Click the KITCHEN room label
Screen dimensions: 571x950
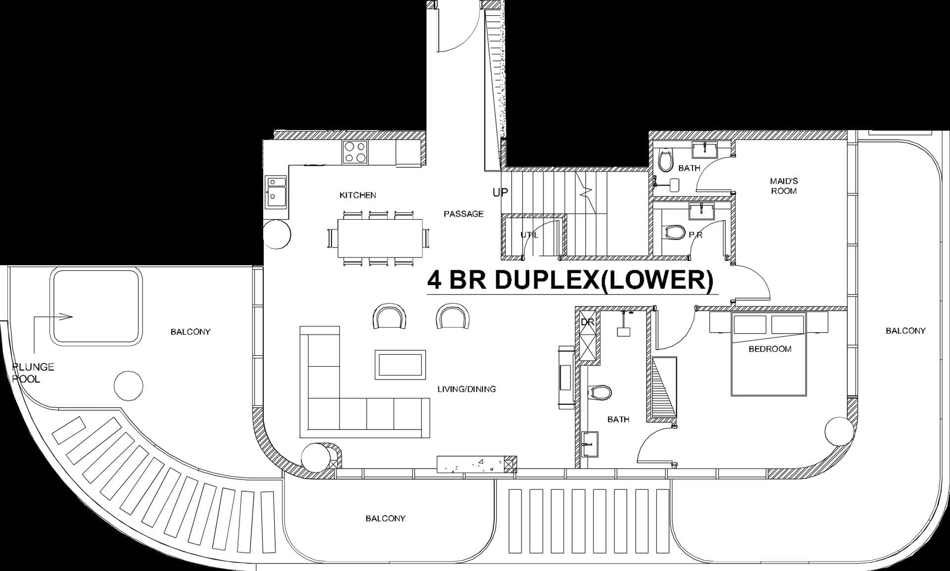[x=357, y=195]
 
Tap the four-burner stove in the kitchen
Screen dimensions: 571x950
[x=355, y=152]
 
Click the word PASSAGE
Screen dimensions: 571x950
[x=463, y=214]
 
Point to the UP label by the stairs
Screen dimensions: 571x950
[x=500, y=192]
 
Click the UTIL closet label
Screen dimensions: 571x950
[x=529, y=235]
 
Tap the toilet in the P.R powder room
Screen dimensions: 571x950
[x=674, y=232]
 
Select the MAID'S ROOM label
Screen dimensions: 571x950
[x=784, y=186]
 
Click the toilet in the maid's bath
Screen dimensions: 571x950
[x=666, y=160]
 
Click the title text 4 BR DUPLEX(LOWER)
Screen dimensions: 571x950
[x=570, y=280]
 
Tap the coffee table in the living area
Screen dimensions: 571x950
[x=400, y=365]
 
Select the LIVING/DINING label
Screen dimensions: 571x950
[x=466, y=389]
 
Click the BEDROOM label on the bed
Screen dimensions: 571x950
[x=769, y=349]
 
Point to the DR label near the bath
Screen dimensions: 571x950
[x=587, y=322]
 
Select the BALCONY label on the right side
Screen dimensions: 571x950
[x=905, y=331]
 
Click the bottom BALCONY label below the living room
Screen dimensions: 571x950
[x=385, y=518]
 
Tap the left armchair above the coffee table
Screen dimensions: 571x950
[x=388, y=317]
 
